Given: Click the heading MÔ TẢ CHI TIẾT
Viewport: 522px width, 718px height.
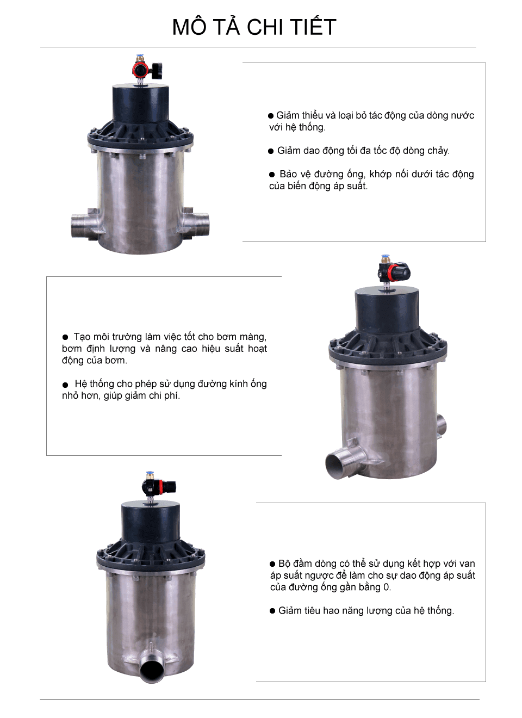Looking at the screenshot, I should point(254,27).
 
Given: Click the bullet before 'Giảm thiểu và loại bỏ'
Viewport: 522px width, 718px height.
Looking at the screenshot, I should point(271,116).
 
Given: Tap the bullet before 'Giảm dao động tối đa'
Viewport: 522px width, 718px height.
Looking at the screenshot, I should point(271,151).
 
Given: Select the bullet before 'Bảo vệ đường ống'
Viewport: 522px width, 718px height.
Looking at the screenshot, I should point(272,175).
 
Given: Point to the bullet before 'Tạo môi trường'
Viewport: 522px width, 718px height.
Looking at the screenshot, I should point(65,337).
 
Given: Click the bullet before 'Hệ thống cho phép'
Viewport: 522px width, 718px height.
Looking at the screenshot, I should point(65,385).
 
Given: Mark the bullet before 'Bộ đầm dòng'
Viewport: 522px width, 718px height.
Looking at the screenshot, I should point(272,564).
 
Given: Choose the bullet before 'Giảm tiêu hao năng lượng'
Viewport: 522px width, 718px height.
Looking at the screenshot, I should point(272,611).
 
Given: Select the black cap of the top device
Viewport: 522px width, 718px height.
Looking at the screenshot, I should point(139,103).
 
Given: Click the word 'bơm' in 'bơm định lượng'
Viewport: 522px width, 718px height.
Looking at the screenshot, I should point(72,349).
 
